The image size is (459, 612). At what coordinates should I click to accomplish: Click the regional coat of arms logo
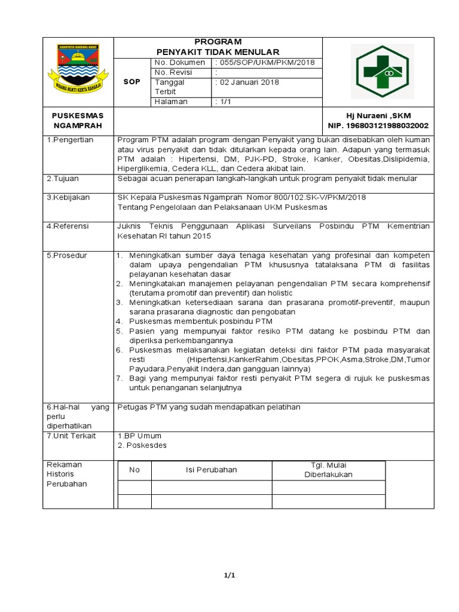click(78, 71)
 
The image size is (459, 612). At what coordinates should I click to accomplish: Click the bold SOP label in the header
click(131, 82)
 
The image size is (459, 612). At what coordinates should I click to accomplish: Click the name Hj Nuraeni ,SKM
click(378, 115)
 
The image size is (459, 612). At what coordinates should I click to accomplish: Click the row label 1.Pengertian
click(69, 140)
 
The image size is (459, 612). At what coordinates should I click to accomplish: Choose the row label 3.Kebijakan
click(67, 197)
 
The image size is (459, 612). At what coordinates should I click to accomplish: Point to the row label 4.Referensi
click(68, 227)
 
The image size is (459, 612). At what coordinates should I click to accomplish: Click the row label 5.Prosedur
click(66, 255)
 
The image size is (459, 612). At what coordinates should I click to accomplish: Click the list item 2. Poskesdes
click(142, 445)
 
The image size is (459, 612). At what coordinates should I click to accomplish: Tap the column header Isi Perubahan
click(212, 470)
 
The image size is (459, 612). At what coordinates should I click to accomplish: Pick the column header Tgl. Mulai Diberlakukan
click(328, 470)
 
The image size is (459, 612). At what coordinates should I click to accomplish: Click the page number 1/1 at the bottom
click(229, 576)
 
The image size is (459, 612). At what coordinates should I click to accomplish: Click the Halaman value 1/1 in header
click(225, 102)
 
